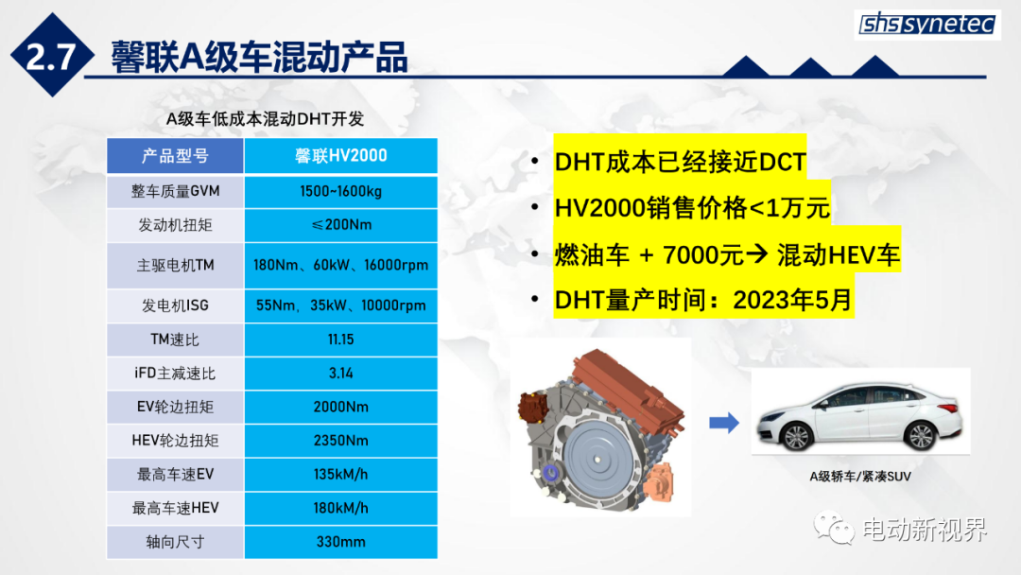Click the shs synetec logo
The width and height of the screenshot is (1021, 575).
click(927, 25)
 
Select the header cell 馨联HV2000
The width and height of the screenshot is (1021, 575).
click(340, 156)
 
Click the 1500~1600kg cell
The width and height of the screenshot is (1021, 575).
click(340, 191)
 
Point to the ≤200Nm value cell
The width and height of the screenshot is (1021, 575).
click(340, 225)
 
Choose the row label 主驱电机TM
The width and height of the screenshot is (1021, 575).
click(175, 266)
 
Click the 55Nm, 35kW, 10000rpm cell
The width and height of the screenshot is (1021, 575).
click(340, 305)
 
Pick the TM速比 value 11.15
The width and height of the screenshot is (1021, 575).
click(340, 340)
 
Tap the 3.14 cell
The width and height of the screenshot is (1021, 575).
click(340, 374)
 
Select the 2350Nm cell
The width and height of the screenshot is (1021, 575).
click(340, 441)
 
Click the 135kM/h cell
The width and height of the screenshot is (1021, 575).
click(340, 475)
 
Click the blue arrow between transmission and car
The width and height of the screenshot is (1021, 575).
click(724, 424)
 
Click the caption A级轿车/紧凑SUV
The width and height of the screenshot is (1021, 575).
click(860, 477)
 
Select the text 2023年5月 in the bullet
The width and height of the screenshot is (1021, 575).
click(792, 300)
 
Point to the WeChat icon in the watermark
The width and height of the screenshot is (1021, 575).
click(834, 527)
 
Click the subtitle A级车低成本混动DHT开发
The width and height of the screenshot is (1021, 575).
click(265, 119)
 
